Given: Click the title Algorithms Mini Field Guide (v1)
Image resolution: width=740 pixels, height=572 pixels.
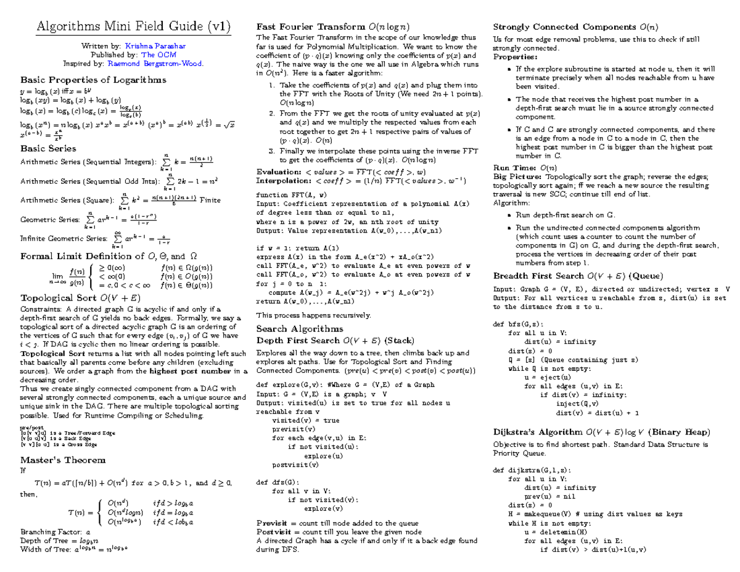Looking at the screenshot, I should [x=134, y=27].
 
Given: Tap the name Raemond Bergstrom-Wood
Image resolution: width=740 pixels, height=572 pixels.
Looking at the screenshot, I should [x=154, y=63].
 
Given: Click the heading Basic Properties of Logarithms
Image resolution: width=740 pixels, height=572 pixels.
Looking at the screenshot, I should [x=93, y=80].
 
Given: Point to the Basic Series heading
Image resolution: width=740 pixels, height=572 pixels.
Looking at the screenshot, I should [x=49, y=148].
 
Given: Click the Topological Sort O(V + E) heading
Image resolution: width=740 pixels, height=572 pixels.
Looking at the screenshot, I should [x=81, y=297].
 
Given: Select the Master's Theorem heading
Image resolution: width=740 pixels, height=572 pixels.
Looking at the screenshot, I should [x=63, y=460].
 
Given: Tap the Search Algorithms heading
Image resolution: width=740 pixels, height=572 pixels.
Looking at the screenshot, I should [x=300, y=329].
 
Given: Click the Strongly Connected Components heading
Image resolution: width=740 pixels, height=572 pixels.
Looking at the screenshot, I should [x=576, y=27].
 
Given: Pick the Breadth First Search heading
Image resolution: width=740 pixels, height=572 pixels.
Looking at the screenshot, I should [x=578, y=276].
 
